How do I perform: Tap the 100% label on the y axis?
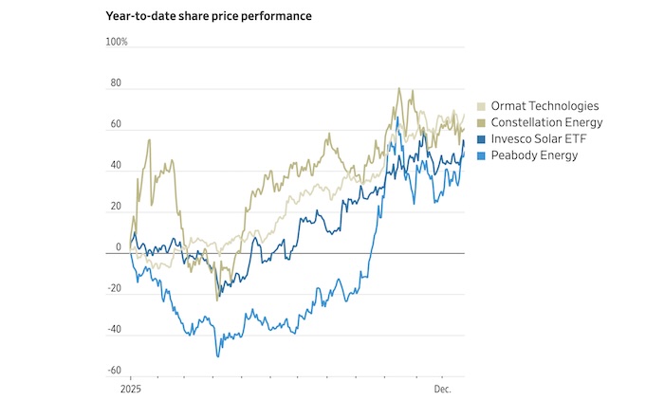pyautogui.click(x=117, y=42)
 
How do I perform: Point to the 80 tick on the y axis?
pyautogui.click(x=117, y=83)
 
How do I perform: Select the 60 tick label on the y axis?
pyautogui.click(x=117, y=124)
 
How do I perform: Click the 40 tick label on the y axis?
pyautogui.click(x=117, y=166)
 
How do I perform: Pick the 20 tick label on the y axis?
pyautogui.click(x=117, y=207)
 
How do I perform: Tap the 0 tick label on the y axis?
pyautogui.click(x=120, y=247)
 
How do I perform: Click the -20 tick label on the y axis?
pyautogui.click(x=115, y=289)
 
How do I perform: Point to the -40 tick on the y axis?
pyautogui.click(x=115, y=330)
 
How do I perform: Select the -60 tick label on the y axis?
pyautogui.click(x=115, y=371)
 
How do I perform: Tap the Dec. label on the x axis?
pyautogui.click(x=444, y=390)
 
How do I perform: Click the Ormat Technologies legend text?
pyautogui.click(x=544, y=106)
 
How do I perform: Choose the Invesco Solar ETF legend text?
pyautogui.click(x=538, y=139)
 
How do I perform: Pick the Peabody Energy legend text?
pyautogui.click(x=534, y=155)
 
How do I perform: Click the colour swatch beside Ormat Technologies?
pyautogui.click(x=482, y=106)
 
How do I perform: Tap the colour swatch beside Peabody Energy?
pyautogui.click(x=482, y=155)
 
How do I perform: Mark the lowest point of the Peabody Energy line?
pyautogui.click(x=217, y=356)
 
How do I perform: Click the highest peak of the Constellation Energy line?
pyautogui.click(x=398, y=89)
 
